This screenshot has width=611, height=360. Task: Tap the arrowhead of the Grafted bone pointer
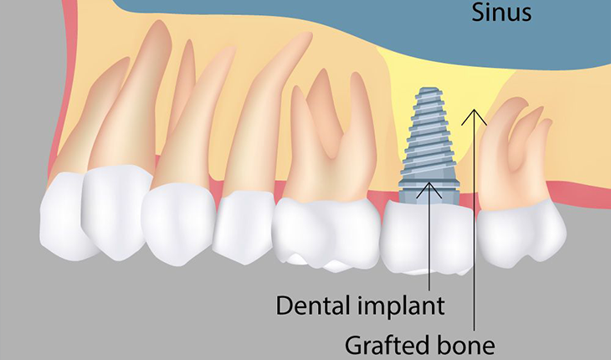475,111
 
